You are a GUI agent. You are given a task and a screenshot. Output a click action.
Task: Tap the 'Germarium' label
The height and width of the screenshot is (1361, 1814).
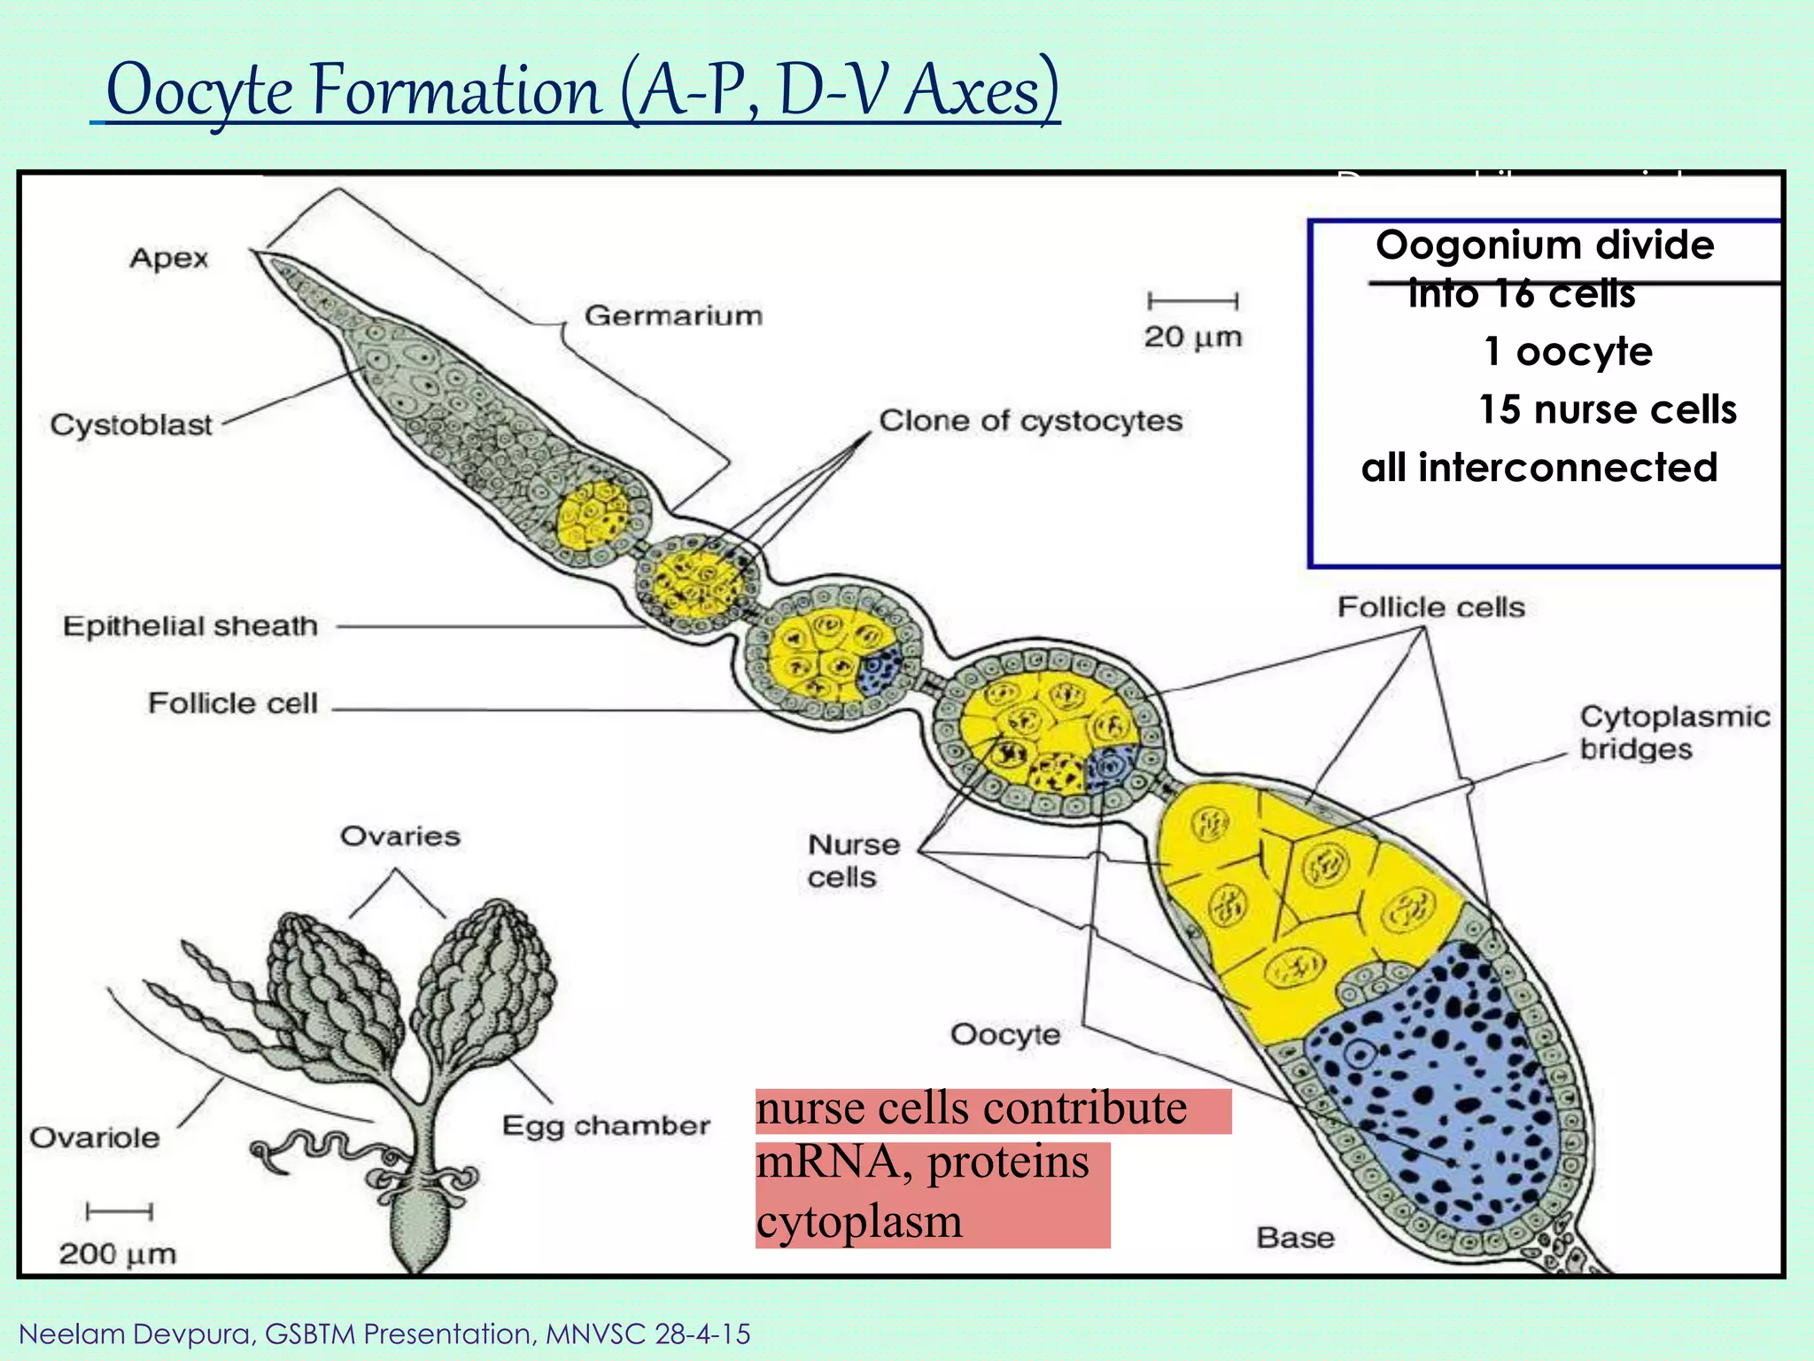tap(673, 315)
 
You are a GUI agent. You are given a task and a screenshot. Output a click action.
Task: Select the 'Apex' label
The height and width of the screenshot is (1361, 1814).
tap(168, 258)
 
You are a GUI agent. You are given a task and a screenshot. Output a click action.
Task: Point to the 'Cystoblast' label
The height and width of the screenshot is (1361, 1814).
tap(131, 424)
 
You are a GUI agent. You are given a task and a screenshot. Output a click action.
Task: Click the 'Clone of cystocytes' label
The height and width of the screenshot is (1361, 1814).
tap(1030, 420)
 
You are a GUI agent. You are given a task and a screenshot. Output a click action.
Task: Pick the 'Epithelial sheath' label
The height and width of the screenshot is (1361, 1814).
tap(190, 626)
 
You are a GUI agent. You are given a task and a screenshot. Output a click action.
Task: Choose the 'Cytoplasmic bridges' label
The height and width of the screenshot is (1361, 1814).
tap(1674, 732)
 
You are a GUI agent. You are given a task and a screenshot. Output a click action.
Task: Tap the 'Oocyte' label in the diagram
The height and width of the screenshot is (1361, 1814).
tap(1005, 1034)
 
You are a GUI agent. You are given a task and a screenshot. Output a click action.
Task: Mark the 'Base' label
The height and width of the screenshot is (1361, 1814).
tap(1295, 1237)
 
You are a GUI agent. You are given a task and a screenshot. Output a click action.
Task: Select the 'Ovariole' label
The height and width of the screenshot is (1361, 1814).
tap(95, 1137)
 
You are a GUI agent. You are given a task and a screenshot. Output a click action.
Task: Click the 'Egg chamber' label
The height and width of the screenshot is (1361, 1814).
tap(606, 1125)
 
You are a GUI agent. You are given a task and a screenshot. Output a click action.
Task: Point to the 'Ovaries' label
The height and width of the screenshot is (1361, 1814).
tap(400, 836)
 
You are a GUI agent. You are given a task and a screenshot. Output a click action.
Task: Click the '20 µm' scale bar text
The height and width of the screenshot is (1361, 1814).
tap(1192, 337)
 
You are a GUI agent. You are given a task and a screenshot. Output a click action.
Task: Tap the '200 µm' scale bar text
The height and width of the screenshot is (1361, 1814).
tap(118, 1253)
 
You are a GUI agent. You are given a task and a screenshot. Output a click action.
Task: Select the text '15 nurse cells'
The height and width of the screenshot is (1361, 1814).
tap(1607, 409)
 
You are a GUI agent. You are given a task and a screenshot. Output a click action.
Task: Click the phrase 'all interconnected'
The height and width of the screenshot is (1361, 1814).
tap(1539, 467)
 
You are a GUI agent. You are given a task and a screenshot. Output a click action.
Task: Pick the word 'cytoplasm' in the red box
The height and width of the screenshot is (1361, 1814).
tap(859, 1221)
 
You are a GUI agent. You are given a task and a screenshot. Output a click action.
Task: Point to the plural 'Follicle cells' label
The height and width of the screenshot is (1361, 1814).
tap(1430, 607)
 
